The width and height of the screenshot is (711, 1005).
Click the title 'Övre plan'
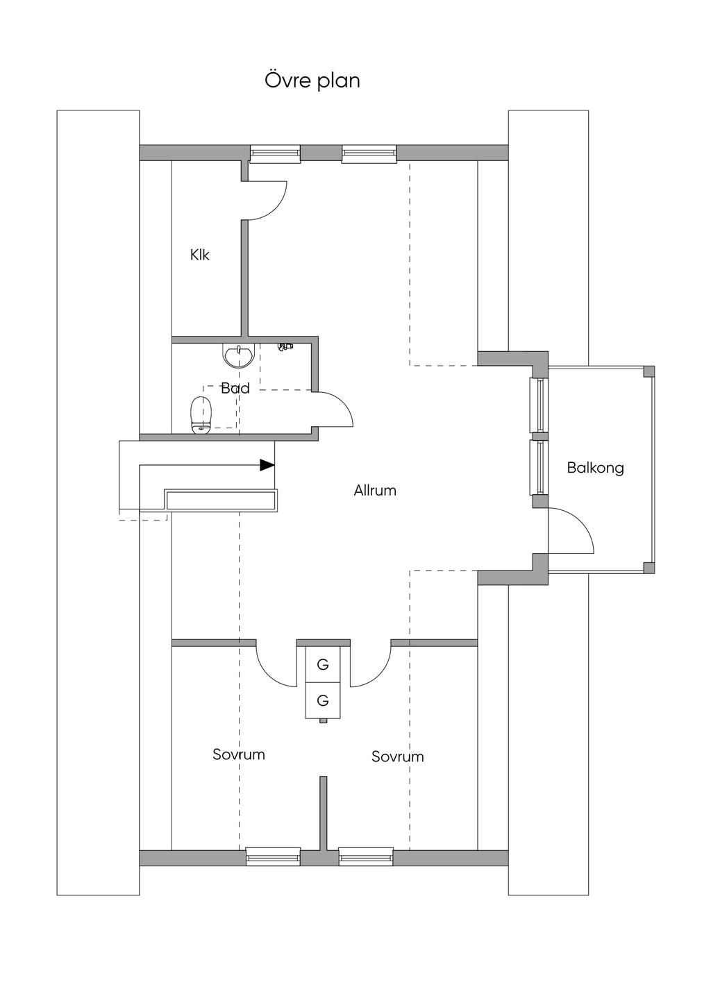click(x=312, y=81)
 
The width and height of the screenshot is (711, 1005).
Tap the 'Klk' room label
click(x=200, y=255)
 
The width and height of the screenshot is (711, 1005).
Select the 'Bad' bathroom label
click(x=235, y=388)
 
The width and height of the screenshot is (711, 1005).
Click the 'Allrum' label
click(x=375, y=491)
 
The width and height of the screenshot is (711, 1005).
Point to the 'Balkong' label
click(x=595, y=468)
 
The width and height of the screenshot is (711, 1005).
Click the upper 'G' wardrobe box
click(x=323, y=664)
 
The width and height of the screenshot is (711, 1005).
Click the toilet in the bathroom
click(x=201, y=416)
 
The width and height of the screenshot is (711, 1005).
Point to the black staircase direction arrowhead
click(x=267, y=465)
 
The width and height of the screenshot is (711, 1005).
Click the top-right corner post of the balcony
click(x=649, y=371)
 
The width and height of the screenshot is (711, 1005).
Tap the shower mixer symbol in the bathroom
click(x=284, y=346)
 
